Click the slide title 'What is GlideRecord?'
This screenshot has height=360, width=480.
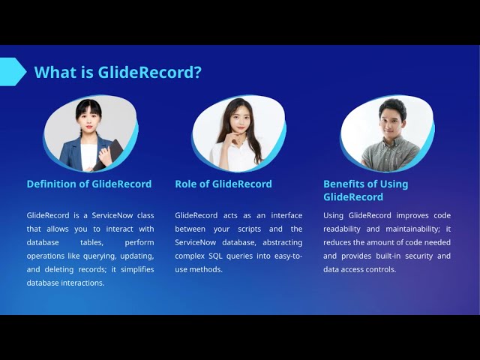coord(118,72)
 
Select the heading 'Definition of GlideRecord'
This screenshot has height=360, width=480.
coord(89,184)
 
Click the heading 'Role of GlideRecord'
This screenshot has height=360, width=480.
coord(223,184)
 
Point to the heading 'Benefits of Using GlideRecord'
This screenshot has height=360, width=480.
coord(366,190)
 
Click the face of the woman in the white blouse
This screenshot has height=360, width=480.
coord(238,117)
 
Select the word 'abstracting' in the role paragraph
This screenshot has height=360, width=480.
coord(279,242)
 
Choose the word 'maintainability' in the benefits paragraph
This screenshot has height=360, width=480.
coord(406,229)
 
